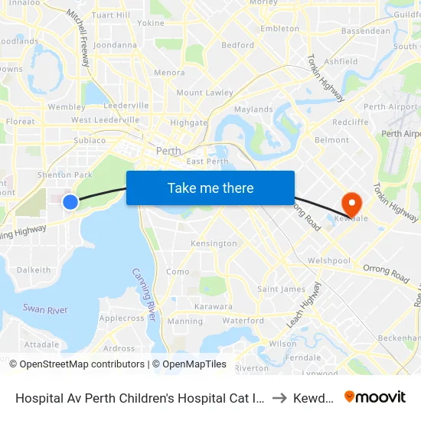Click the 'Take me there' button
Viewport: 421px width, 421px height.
(x=210, y=188)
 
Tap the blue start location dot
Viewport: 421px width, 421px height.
(x=70, y=201)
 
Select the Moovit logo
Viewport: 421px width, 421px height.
(x=375, y=397)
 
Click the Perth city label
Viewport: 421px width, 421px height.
(x=168, y=151)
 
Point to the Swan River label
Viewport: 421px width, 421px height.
(x=45, y=310)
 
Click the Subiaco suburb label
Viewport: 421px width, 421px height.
(x=90, y=141)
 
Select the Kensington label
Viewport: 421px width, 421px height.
(x=214, y=243)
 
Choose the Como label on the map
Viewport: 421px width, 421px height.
(x=178, y=272)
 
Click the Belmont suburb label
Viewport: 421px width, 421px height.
(x=331, y=140)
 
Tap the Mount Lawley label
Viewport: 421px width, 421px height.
(x=204, y=93)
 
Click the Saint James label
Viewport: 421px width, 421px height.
(x=281, y=289)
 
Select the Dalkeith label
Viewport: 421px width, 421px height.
(x=34, y=270)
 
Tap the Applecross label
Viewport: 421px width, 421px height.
(x=122, y=318)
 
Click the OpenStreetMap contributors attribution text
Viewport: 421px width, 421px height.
(x=82, y=364)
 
